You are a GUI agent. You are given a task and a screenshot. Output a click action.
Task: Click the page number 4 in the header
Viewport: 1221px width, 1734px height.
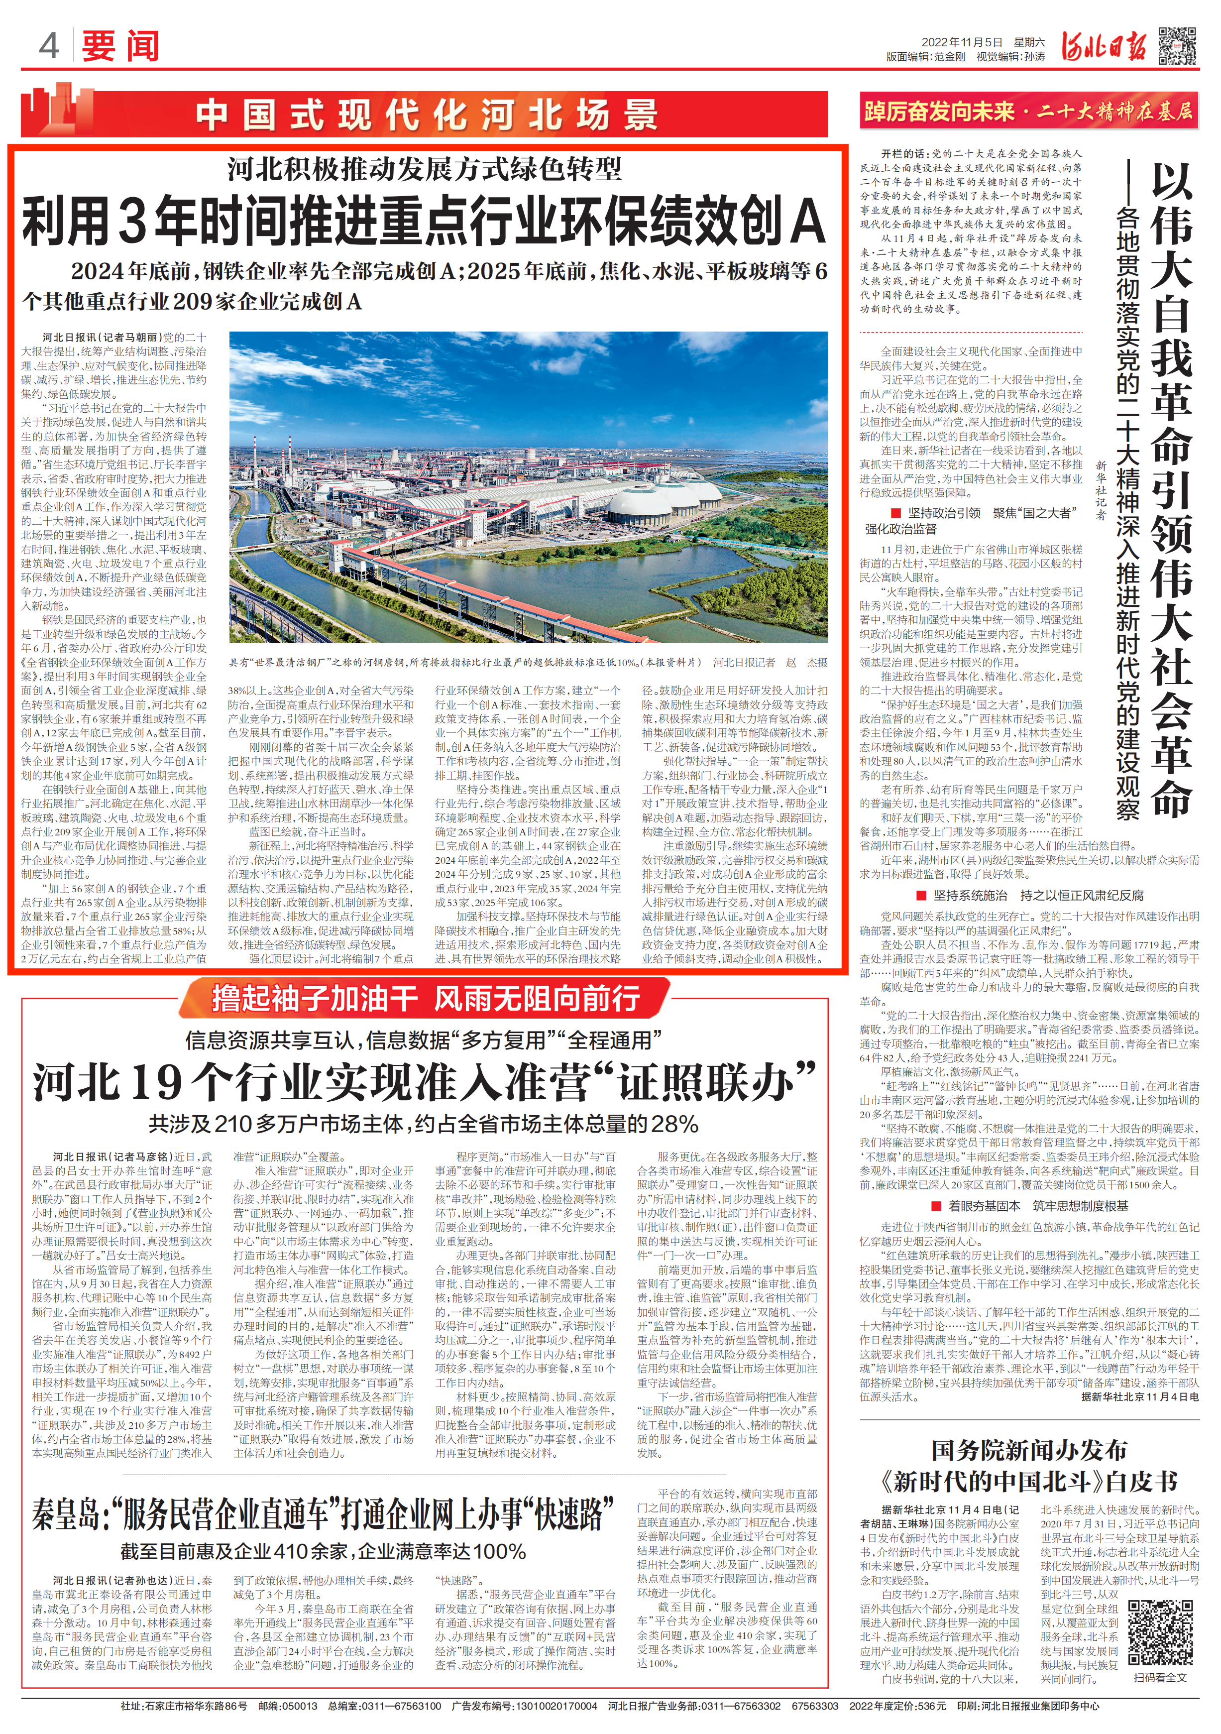coord(48,46)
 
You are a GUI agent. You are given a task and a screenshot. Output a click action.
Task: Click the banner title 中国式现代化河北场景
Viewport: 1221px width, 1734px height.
coord(427,115)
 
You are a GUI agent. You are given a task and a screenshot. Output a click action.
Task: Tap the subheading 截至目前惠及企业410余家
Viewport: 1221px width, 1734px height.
coord(323,1551)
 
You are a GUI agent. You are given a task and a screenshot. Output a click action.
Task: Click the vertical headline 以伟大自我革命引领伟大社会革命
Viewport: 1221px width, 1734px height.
coord(1170,491)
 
